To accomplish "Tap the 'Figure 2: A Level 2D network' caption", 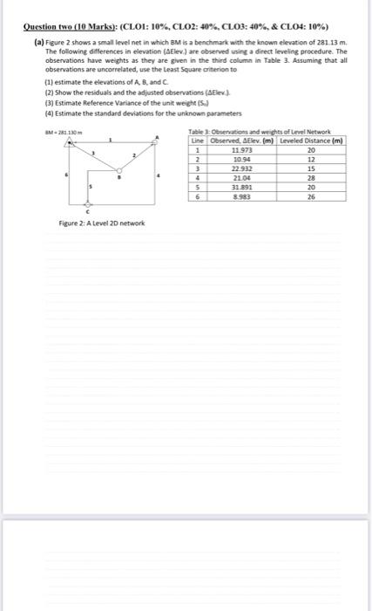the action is click(96, 224).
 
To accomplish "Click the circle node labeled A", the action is click(156, 143).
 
